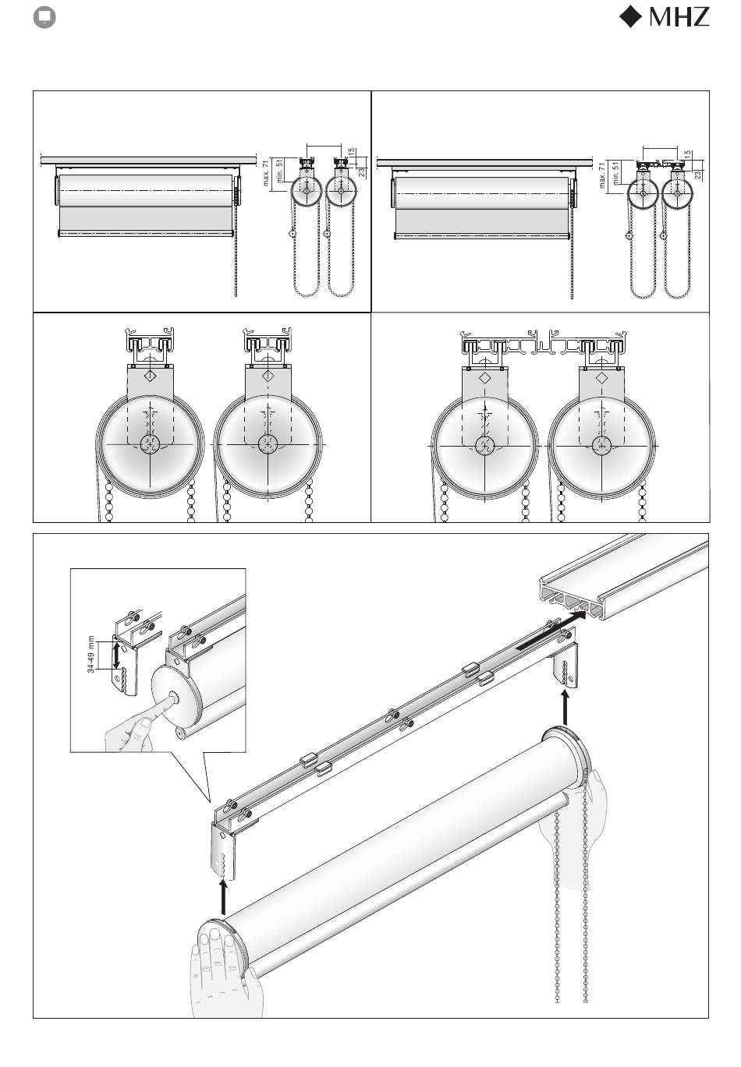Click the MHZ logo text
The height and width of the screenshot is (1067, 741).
(x=679, y=17)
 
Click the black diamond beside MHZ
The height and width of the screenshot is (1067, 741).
(x=630, y=16)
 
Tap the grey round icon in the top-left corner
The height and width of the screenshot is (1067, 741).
(x=44, y=18)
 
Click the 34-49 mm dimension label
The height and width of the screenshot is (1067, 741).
(x=90, y=654)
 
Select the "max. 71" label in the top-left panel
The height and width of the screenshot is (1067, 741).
(x=266, y=173)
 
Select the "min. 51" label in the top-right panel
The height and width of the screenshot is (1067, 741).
(x=615, y=172)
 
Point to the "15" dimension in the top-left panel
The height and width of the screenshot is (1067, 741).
(x=352, y=152)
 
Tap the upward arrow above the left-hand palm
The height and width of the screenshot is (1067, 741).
(x=223, y=897)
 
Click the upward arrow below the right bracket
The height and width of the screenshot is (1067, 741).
(x=565, y=708)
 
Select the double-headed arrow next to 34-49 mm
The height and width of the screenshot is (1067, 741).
(x=116, y=655)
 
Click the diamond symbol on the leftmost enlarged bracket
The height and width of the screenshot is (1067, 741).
(x=151, y=376)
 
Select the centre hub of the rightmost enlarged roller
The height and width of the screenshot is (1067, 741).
(x=601, y=445)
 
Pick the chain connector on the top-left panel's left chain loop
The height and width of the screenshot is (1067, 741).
(x=292, y=233)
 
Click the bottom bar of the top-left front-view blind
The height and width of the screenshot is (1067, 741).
(x=146, y=233)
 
